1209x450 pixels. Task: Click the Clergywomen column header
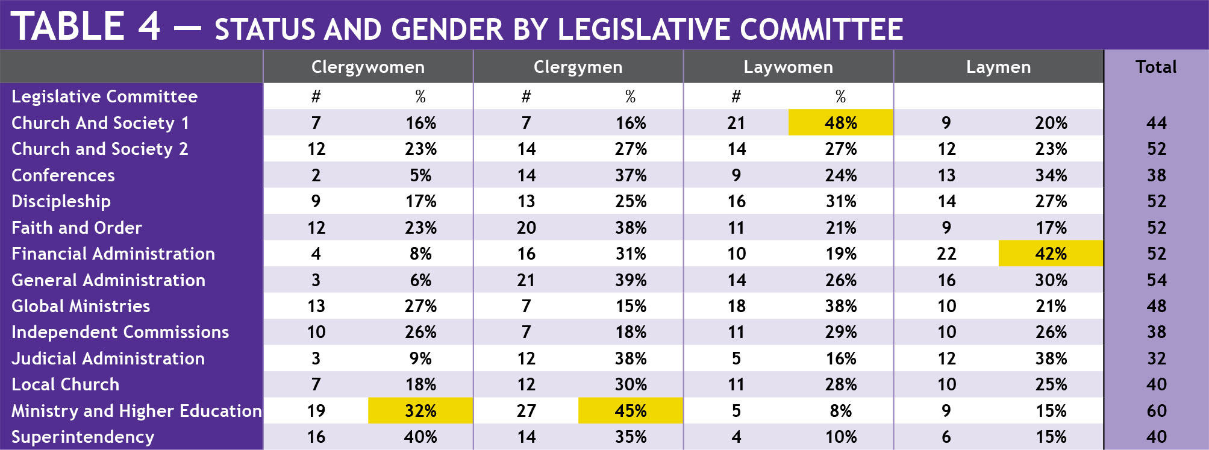tap(367, 67)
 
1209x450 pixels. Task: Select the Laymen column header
tap(998, 67)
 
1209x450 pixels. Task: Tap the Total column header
tap(1156, 67)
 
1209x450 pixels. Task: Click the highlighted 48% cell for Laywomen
tap(840, 123)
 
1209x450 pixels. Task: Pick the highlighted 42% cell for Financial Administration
tap(1051, 254)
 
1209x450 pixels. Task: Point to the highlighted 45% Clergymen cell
tap(630, 411)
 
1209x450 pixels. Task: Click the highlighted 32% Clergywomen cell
tap(420, 411)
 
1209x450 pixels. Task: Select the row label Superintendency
tap(83, 437)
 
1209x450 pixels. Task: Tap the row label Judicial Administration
tap(108, 358)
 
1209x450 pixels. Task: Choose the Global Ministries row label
tap(81, 306)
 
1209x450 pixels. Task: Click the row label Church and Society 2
tap(100, 149)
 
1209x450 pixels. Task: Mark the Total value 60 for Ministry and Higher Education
tap(1157, 411)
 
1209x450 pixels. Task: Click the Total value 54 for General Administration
tap(1157, 280)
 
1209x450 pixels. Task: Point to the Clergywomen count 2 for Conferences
tap(316, 175)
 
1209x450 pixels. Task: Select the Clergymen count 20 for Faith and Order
tap(526, 228)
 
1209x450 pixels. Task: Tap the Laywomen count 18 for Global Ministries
tap(736, 306)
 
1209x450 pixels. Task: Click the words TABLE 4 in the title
tap(86, 27)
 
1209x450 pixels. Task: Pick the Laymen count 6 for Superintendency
tap(946, 437)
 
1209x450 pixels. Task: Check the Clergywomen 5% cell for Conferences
tap(420, 175)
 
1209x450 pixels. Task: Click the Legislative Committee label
tap(105, 96)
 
